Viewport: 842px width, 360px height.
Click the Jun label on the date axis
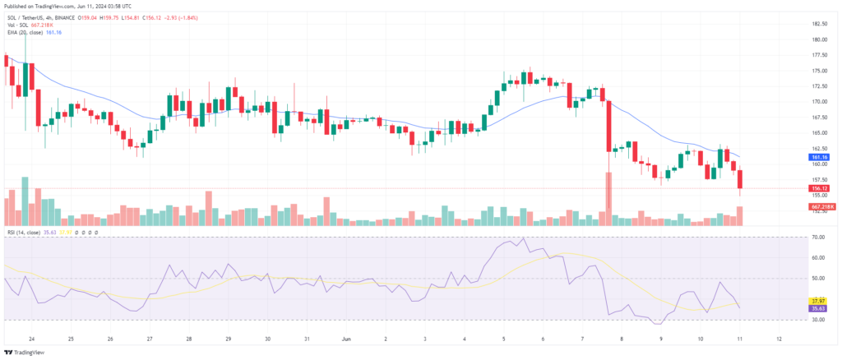346,338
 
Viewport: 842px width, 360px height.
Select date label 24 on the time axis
31,338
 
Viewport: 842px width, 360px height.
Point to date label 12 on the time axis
779,338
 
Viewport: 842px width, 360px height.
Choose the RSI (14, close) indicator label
25,233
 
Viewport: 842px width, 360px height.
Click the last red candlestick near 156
740,179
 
